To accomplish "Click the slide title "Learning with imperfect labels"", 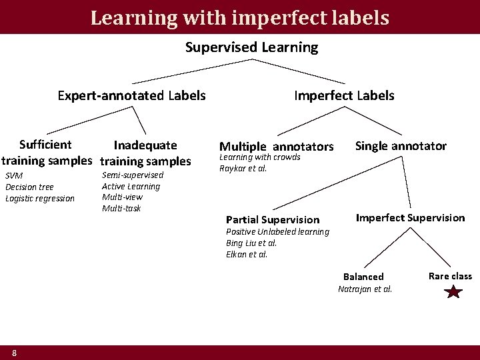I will click(240, 17).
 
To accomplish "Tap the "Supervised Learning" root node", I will click(251, 47).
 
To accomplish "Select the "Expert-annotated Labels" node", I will click(131, 95).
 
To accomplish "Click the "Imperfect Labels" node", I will click(344, 95).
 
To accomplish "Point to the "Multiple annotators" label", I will click(276, 147).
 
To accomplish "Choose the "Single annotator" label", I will click(401, 146).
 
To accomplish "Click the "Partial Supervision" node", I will click(273, 219).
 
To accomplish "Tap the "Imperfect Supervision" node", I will click(410, 218).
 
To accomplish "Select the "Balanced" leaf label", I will click(363, 277).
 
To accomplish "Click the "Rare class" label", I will click(450, 276).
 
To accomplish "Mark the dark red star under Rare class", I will click(453, 291).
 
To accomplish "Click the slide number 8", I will click(14, 352).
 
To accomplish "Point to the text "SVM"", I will click(13, 175).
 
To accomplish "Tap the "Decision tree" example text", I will click(29, 187).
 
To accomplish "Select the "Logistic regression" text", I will click(40, 198).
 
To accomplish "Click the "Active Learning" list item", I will click(131, 186).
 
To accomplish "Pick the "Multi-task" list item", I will click(121, 209).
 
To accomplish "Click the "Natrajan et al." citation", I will click(365, 289).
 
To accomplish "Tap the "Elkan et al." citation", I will click(247, 254).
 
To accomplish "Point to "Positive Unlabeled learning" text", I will click(277, 231).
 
